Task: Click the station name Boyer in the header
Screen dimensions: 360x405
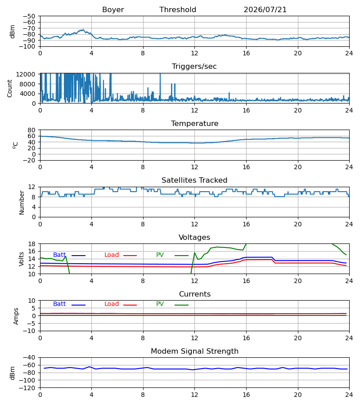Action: click(x=113, y=10)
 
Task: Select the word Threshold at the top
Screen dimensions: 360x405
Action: click(x=178, y=10)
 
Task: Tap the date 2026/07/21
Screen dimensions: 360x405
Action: click(x=265, y=10)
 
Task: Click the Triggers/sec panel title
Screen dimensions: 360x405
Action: click(x=194, y=67)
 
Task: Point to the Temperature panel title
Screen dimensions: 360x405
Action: click(x=194, y=123)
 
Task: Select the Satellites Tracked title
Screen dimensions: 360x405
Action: click(x=194, y=180)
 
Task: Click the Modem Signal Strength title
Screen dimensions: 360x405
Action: click(x=194, y=351)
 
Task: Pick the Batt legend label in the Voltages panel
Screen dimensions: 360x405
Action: click(x=59, y=255)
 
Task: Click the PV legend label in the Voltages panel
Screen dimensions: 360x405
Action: click(x=160, y=255)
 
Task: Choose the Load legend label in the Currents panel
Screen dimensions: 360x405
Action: click(x=112, y=304)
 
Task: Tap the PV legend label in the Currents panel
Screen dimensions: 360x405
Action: click(x=160, y=304)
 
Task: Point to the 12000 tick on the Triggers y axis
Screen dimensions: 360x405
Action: click(x=26, y=74)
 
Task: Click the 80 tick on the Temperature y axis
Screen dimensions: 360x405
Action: click(x=31, y=130)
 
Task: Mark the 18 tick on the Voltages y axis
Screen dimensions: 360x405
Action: click(x=31, y=244)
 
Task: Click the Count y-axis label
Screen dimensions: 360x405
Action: click(x=9, y=88)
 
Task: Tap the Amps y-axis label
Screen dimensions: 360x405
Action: click(x=16, y=316)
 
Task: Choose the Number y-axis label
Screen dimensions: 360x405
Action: click(x=22, y=203)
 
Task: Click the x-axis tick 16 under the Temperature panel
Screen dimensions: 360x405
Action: click(x=246, y=167)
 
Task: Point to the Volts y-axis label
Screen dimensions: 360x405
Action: click(x=21, y=259)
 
